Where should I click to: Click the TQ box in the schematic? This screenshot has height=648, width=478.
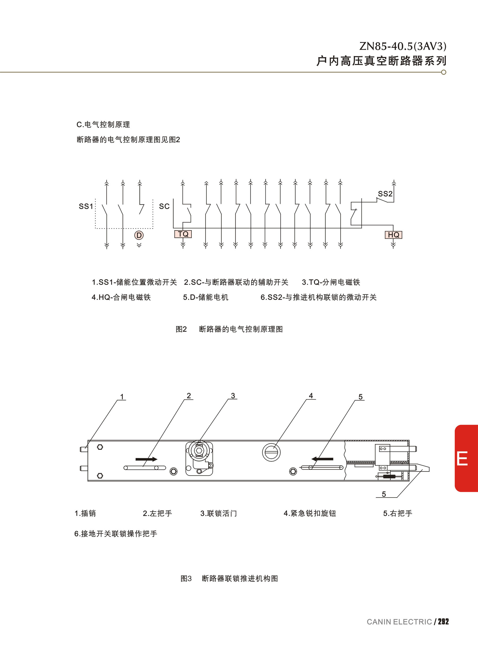[183, 234]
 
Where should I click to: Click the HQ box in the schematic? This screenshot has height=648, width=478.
[394, 235]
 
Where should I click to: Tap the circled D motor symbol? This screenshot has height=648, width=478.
[139, 235]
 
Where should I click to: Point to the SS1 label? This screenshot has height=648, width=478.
[86, 206]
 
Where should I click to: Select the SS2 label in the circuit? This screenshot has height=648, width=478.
[385, 194]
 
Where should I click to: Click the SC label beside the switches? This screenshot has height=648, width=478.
[164, 206]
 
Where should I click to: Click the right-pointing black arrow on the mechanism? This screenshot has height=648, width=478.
[146, 459]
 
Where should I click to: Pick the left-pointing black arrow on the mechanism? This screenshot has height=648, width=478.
[322, 459]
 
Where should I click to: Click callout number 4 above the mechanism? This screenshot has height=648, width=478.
[311, 396]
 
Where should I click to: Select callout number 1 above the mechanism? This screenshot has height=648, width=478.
[122, 397]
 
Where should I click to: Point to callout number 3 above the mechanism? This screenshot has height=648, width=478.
[233, 396]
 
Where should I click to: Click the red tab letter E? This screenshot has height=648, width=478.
[462, 458]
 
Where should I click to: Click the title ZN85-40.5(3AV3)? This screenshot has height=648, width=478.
[403, 46]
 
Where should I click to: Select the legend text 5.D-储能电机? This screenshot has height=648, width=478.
[206, 297]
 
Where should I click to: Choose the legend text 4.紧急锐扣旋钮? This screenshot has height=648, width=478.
[310, 514]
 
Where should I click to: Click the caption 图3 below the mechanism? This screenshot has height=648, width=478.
[186, 579]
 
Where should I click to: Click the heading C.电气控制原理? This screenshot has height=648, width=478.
[103, 125]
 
